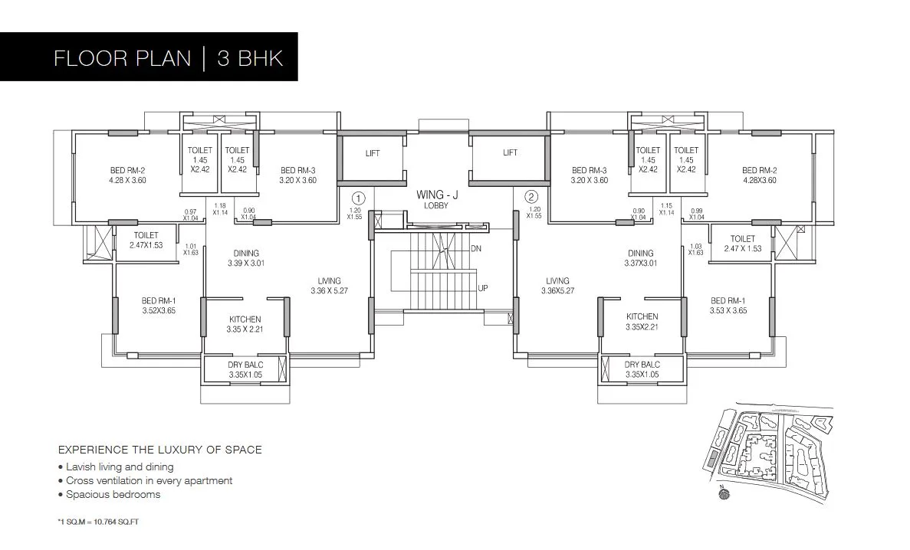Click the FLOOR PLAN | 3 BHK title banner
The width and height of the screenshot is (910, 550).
click(168, 58)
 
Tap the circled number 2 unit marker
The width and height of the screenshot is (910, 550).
click(532, 197)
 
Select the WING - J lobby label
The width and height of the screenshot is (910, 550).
click(437, 200)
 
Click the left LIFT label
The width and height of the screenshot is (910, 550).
click(373, 153)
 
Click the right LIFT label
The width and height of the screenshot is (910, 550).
click(510, 152)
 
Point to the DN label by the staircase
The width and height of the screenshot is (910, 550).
click(476, 249)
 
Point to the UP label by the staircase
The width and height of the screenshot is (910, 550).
click(483, 288)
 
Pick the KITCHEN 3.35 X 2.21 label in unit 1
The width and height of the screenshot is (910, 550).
click(245, 324)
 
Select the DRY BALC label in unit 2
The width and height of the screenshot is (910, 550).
click(642, 369)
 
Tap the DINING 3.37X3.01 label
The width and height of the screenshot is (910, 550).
click(640, 258)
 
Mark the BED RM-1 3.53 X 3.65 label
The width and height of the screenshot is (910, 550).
click(728, 306)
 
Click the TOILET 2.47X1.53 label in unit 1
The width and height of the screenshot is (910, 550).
click(146, 240)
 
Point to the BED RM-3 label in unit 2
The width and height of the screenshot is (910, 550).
click(589, 175)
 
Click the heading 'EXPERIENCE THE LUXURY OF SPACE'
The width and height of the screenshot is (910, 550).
click(160, 450)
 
